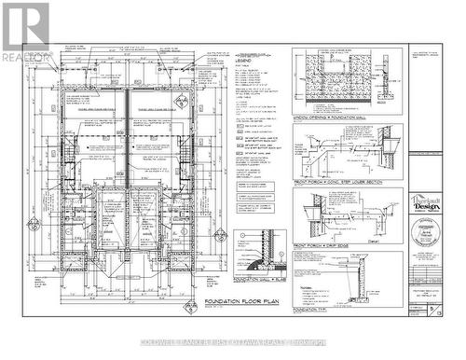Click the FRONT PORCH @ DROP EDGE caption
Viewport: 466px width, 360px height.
tap(328, 245)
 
